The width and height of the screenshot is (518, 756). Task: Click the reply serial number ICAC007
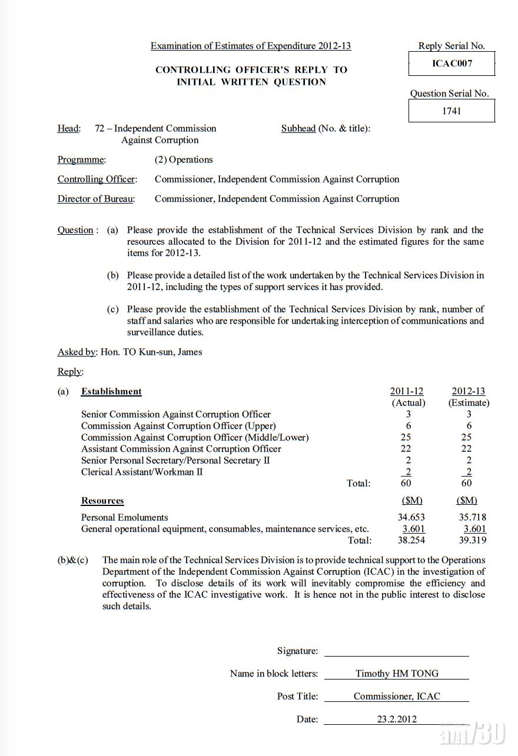pyautogui.click(x=451, y=64)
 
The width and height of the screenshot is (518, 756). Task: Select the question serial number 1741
pyautogui.click(x=451, y=111)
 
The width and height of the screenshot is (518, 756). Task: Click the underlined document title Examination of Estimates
pyautogui.click(x=251, y=46)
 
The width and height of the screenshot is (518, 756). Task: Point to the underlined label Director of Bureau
pyautogui.click(x=96, y=199)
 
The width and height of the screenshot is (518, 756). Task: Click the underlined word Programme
pyautogui.click(x=82, y=159)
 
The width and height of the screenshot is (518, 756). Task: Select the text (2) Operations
pyautogui.click(x=184, y=159)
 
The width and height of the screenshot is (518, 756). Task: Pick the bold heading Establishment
pyautogui.click(x=111, y=391)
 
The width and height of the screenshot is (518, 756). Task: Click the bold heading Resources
pyautogui.click(x=102, y=501)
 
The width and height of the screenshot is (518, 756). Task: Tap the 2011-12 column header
pyautogui.click(x=407, y=391)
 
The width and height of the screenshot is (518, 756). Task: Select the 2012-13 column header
pyautogui.click(x=469, y=391)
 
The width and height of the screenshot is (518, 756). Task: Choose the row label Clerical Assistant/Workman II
pyautogui.click(x=142, y=472)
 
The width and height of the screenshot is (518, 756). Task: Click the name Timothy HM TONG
pyautogui.click(x=397, y=674)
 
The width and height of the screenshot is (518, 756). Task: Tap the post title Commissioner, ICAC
pyautogui.click(x=397, y=696)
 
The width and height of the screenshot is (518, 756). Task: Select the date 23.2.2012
pyautogui.click(x=396, y=719)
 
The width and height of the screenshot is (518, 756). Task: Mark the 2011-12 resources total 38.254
pyautogui.click(x=411, y=540)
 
